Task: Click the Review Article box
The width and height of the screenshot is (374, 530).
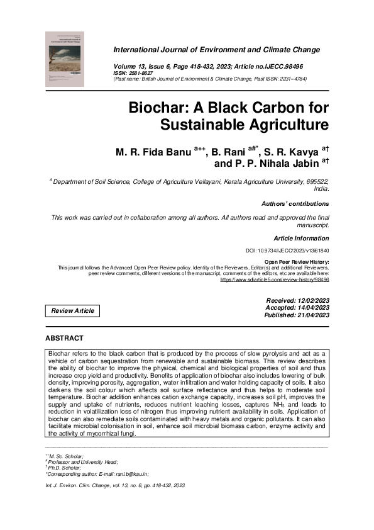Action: point(73,311)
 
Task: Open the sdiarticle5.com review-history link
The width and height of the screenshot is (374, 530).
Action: point(274,279)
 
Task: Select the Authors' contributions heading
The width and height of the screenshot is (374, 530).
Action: point(295,204)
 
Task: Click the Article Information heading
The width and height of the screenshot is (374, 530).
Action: point(301,239)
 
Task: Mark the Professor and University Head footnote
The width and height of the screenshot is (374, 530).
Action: point(75,461)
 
